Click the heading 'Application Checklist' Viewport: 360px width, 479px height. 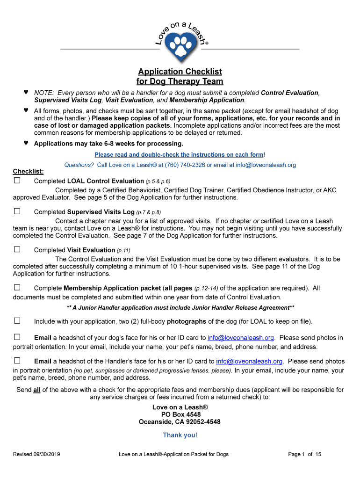click(x=180, y=72)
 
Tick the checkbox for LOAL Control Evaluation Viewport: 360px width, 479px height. click(x=17, y=181)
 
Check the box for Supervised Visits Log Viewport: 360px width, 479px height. click(x=17, y=211)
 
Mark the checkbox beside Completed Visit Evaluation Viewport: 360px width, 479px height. click(x=17, y=249)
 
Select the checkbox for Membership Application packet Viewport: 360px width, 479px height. click(x=17, y=288)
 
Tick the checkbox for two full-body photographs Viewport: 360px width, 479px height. click(x=17, y=321)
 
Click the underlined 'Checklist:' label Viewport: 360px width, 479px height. click(x=28, y=172)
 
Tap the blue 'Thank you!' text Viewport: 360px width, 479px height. click(x=180, y=435)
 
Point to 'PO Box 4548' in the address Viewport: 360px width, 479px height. click(x=180, y=414)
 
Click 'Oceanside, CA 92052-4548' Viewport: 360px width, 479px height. click(x=180, y=422)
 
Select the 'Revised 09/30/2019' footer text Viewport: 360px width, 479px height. click(x=36, y=454)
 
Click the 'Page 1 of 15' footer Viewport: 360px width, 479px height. click(x=304, y=454)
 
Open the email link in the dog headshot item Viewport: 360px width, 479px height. click(x=241, y=338)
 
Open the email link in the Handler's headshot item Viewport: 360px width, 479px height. click(x=249, y=361)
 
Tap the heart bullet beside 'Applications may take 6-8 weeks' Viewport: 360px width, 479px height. click(x=26, y=143)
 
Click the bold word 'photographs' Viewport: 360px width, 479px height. click(x=187, y=321)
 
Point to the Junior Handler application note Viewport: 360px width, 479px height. click(x=180, y=308)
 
